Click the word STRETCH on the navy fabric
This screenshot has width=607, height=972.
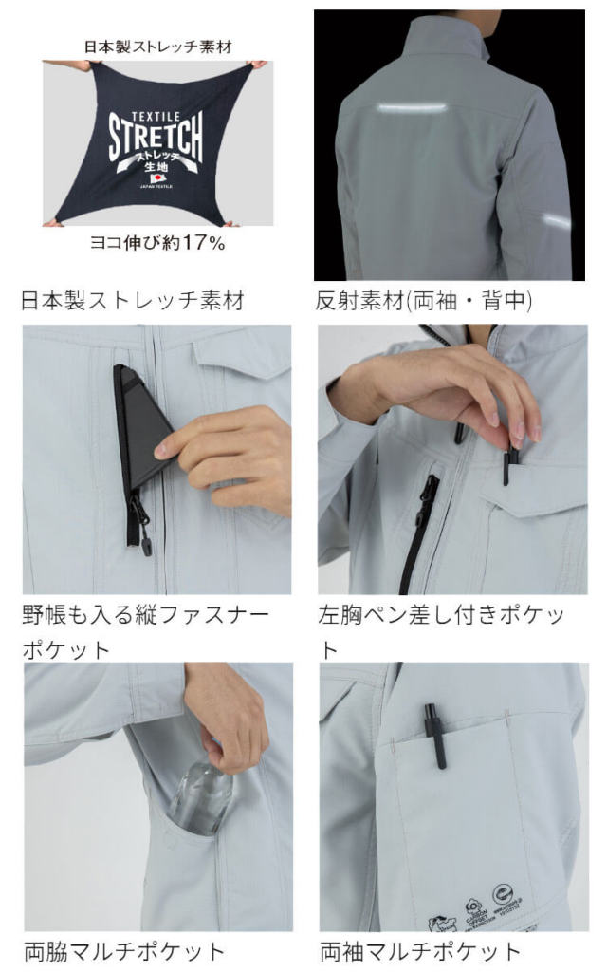(155, 139)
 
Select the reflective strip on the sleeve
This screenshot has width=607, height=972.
(557, 220)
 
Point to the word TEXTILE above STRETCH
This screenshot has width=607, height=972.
(155, 106)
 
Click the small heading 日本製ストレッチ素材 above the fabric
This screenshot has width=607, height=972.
(156, 44)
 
